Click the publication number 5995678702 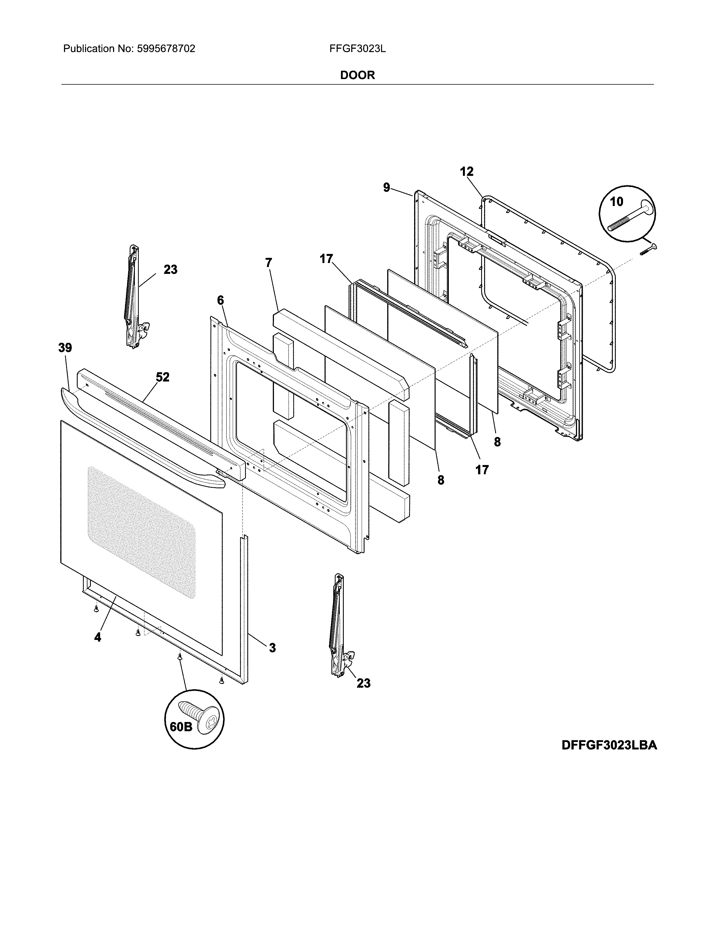pos(166,49)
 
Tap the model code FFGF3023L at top pos(357,49)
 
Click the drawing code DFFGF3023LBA pos(609,757)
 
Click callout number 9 pos(386,188)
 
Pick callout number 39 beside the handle pos(65,348)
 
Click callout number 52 pos(162,377)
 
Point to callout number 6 pos(220,300)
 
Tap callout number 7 pos(269,263)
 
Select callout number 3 pos(272,647)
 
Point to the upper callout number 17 pos(326,259)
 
